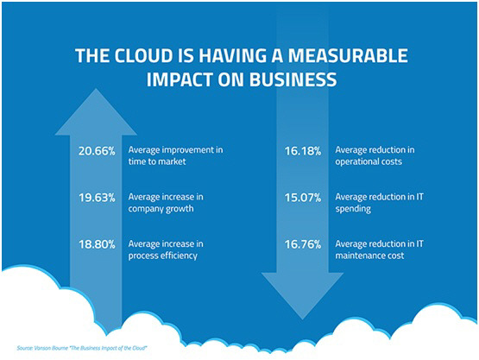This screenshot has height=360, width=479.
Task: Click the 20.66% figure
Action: (x=97, y=151)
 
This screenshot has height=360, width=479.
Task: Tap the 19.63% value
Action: (x=98, y=198)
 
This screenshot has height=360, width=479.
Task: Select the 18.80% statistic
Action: (x=98, y=244)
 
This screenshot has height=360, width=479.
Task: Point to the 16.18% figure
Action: (x=303, y=151)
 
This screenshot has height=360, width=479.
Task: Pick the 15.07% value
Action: (x=303, y=198)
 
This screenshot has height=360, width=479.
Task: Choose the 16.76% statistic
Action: (x=303, y=244)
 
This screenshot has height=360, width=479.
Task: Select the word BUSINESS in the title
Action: (x=293, y=79)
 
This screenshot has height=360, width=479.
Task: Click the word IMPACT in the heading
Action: (x=180, y=79)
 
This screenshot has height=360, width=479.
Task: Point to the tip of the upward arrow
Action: (x=96, y=89)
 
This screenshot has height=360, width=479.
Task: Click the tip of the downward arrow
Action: (x=302, y=319)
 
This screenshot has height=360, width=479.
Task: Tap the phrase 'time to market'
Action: (x=157, y=161)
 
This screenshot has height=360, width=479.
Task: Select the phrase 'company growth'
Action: (x=161, y=209)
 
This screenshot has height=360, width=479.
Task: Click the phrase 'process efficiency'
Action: (x=163, y=256)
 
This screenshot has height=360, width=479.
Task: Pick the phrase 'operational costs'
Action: (x=369, y=162)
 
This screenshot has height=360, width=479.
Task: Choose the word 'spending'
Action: (x=353, y=209)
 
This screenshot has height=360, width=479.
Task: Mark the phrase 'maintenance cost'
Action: (x=369, y=256)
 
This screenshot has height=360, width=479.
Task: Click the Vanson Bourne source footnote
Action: (x=82, y=348)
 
